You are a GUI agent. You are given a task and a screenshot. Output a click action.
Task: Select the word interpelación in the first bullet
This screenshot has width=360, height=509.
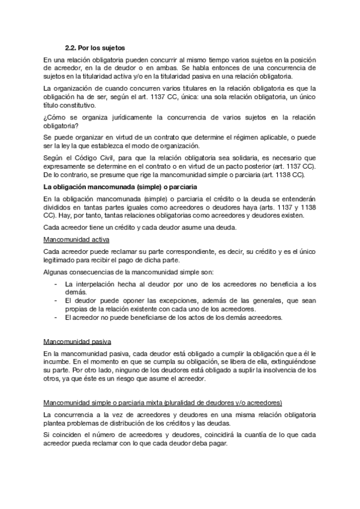pyautogui.click(x=95, y=283)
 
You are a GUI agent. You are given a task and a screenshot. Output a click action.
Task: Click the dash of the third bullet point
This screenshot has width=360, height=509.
pyautogui.click(x=56, y=317)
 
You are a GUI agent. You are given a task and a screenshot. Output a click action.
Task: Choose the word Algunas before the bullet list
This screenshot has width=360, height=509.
pyautogui.click(x=58, y=271)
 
